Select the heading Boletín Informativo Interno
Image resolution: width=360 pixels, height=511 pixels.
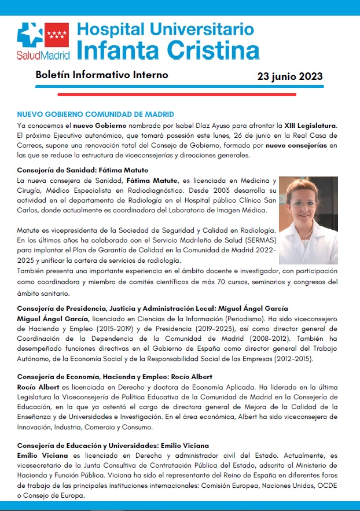pyautogui.click(x=102, y=75)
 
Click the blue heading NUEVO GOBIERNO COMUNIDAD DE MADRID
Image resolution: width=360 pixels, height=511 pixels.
pyautogui.click(x=95, y=115)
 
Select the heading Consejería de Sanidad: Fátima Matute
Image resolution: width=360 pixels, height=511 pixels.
pyautogui.click(x=83, y=170)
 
